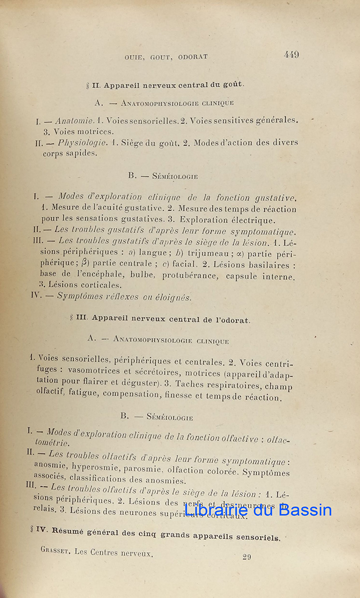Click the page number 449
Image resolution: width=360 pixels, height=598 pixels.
tap(292, 55)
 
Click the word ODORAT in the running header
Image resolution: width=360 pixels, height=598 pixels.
tap(191, 57)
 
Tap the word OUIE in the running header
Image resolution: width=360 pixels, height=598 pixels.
tap(135, 57)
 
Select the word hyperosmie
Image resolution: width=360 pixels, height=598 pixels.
tap(95, 467)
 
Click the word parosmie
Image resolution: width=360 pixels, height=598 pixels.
tap(144, 469)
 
